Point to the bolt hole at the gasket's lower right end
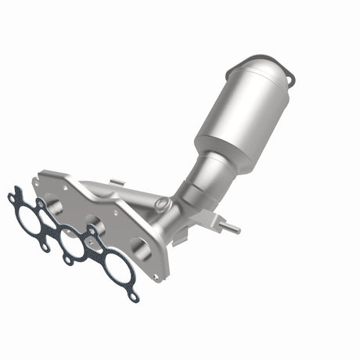click(x=135, y=298)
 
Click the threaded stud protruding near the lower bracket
click(x=232, y=229)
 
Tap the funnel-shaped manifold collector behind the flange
click(x=137, y=200)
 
